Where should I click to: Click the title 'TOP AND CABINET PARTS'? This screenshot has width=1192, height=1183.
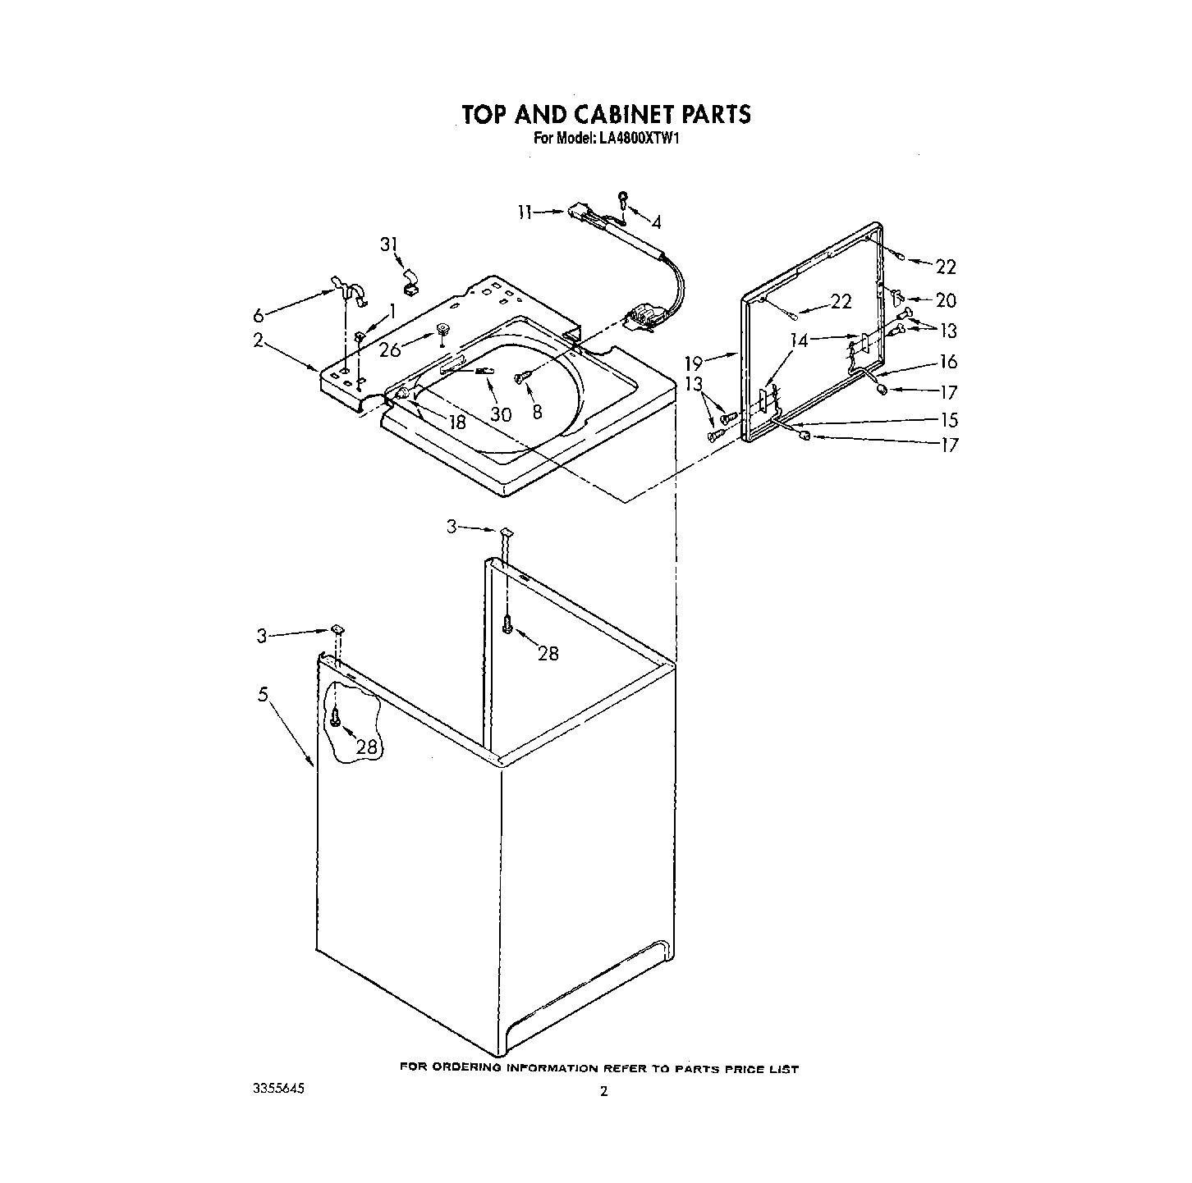606,113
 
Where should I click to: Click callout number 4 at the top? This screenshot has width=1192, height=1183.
656,222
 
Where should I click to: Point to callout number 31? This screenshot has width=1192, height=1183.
388,244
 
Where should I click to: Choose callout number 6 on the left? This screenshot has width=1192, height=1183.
259,316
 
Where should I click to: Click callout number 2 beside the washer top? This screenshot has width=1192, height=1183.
258,340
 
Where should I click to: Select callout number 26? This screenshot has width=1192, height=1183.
391,349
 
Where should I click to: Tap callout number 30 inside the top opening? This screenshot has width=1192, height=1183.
501,414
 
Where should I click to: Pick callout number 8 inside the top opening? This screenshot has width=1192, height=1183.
537,412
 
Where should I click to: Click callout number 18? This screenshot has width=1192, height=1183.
456,422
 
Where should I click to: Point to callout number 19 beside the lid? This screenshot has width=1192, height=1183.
695,360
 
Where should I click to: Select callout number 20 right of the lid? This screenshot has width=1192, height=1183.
947,301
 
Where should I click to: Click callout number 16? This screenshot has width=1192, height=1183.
948,362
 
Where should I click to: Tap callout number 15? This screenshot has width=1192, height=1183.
949,420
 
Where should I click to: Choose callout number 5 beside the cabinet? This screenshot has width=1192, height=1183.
263,694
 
